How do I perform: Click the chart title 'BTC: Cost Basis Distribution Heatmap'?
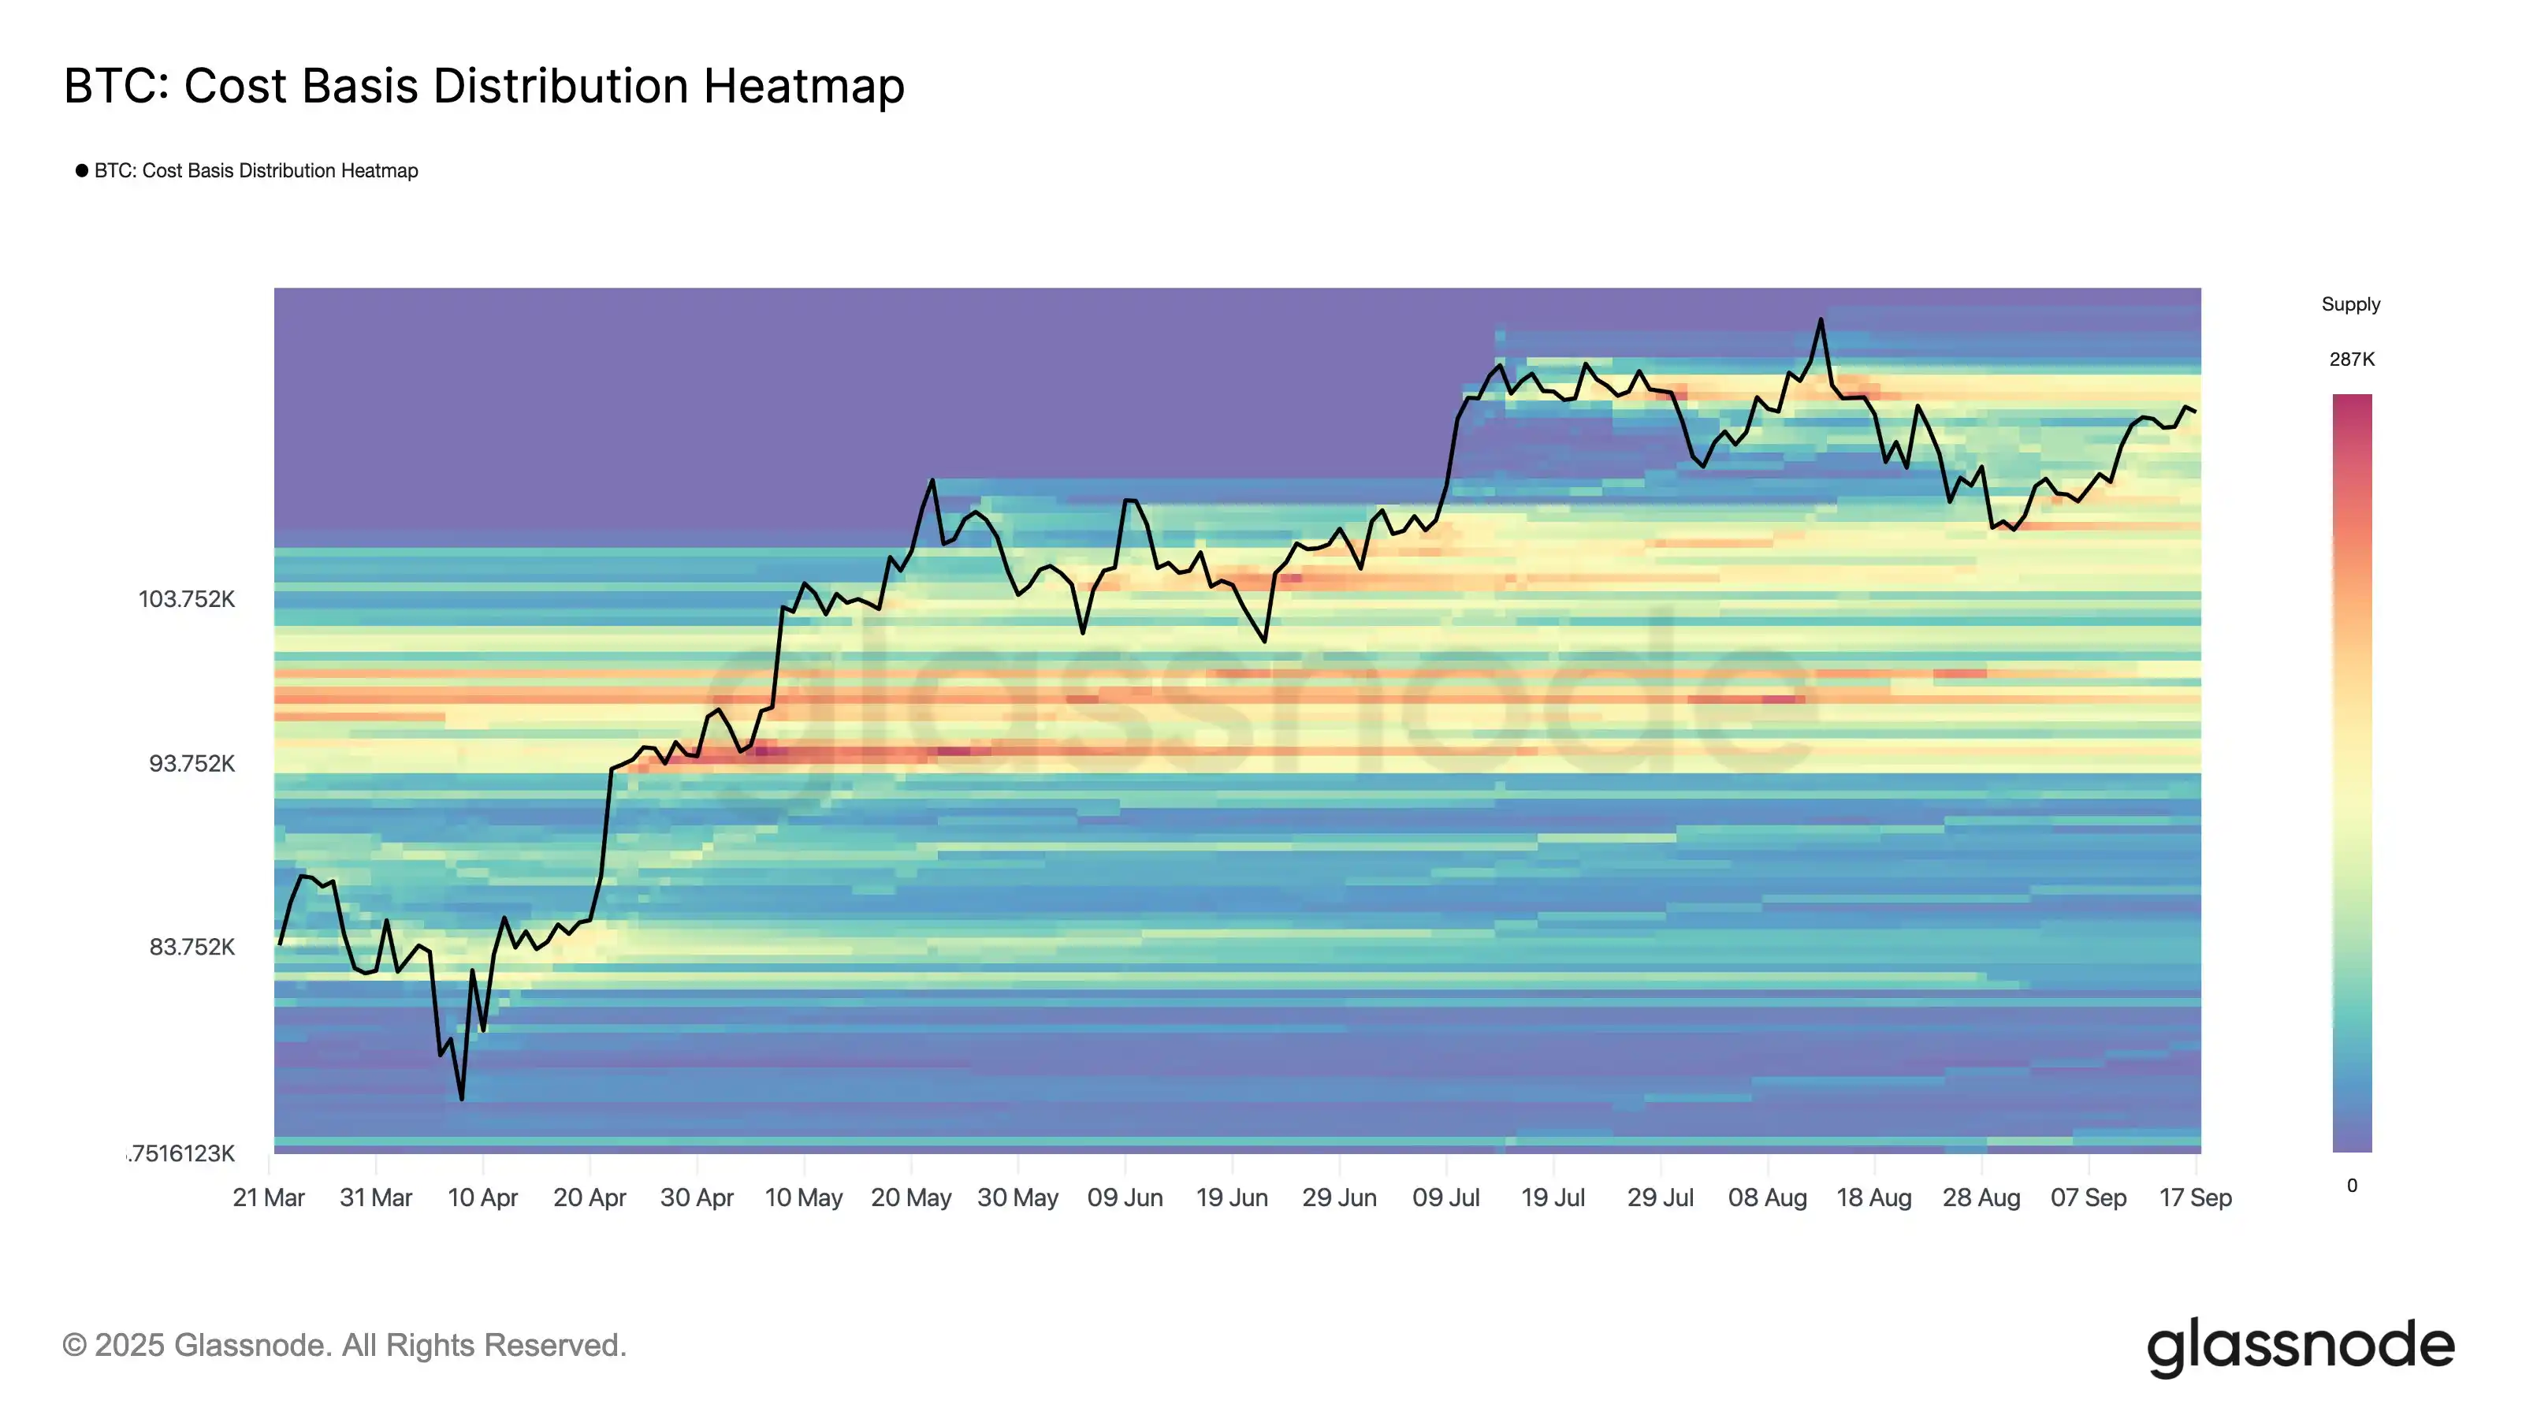[484, 86]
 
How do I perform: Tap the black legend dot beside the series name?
[82, 170]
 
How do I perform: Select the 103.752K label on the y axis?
[186, 599]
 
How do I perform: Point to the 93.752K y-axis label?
[191, 764]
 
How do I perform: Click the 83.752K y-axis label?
[191, 947]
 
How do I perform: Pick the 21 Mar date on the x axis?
[268, 1197]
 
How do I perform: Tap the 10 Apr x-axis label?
[482, 1197]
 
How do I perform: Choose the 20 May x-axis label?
[910, 1197]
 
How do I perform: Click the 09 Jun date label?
[1125, 1197]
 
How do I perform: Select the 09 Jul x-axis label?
[1445, 1197]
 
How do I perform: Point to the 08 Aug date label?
[1767, 1197]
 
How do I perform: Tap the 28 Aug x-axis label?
[1981, 1197]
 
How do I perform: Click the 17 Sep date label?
[2195, 1197]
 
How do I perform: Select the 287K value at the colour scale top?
[2352, 359]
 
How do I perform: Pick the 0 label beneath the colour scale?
[2352, 1186]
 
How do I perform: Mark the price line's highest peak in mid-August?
[1820, 319]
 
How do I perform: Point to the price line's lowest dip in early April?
[461, 1099]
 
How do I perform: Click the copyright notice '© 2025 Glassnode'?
[344, 1346]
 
